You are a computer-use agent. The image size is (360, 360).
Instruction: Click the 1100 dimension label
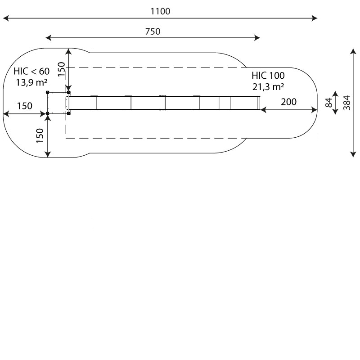160,11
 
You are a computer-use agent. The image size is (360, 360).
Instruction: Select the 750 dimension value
153,31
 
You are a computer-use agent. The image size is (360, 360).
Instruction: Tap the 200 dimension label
288,102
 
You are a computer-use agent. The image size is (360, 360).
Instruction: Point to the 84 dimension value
329,103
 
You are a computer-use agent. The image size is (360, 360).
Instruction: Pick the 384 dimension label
346,103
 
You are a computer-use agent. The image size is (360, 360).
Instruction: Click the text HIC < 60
31,71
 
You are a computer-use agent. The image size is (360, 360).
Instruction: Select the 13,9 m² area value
31,82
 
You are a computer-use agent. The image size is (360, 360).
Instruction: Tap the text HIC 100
268,75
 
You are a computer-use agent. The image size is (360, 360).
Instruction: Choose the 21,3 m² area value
268,87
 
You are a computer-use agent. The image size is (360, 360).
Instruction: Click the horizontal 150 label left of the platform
25,106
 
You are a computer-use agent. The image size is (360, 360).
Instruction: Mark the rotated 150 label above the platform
61,69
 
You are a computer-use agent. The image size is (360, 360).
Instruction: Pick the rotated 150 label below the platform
40,135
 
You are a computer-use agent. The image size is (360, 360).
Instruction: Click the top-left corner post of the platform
48,92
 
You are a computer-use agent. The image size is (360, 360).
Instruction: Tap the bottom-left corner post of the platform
48,113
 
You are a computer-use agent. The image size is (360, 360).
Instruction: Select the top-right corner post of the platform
69,93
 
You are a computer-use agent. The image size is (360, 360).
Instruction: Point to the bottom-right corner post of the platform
69,113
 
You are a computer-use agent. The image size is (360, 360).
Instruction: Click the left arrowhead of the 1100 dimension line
5,18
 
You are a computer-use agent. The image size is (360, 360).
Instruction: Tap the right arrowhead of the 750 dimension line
257,38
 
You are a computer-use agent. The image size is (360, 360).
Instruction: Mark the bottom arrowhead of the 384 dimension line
353,154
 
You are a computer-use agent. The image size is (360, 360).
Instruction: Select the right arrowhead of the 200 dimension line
314,110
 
